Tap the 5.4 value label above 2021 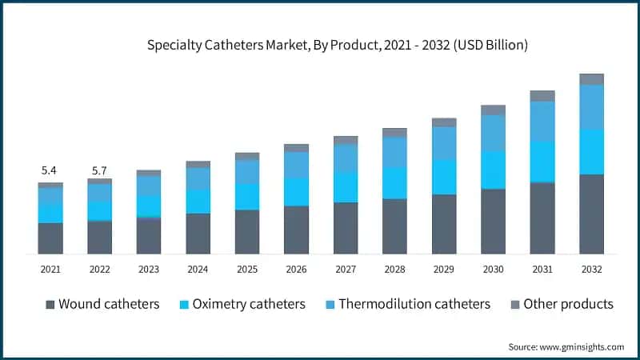(x=50, y=170)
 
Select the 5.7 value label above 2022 (x=99, y=170)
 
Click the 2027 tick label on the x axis (x=346, y=270)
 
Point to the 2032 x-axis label (x=591, y=270)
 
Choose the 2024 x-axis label (x=198, y=270)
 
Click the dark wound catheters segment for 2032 (x=591, y=214)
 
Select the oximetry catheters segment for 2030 (x=493, y=170)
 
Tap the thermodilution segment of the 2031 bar (x=542, y=121)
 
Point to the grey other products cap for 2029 (x=444, y=122)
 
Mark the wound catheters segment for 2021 (x=50, y=238)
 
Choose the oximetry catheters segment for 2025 (x=247, y=197)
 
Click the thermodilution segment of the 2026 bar (x=296, y=164)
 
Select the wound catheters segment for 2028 (x=394, y=226)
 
